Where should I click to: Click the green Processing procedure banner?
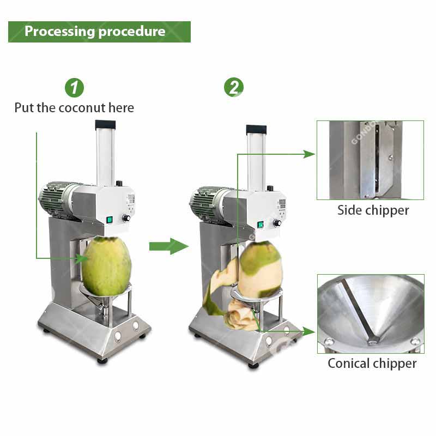pos(99,32)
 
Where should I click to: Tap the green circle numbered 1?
pos(74,88)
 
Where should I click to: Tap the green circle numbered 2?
pos(234,87)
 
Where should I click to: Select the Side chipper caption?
pos(373,210)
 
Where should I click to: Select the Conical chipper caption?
pos(372,364)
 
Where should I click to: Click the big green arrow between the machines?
pos(169,246)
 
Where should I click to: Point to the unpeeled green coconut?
pos(106,266)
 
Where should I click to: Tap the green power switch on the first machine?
pos(110,220)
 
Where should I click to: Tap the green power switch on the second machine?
pos(261,225)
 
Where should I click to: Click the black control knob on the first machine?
pos(126,218)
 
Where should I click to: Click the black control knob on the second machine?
pos(277,223)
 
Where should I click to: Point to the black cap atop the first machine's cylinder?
pos(105,124)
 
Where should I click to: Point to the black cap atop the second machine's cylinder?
pos(256,129)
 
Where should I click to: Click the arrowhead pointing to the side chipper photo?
pos(309,154)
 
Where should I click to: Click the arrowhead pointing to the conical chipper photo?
pos(309,331)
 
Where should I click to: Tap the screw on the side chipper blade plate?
pos(390,158)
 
